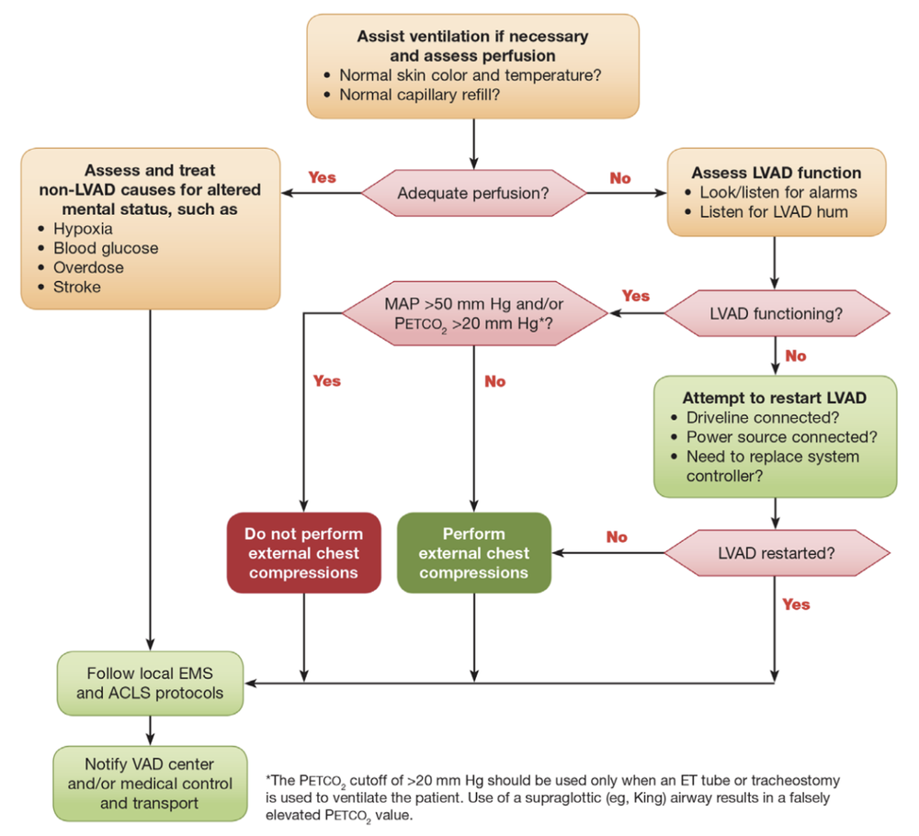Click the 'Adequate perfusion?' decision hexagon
coord(473,193)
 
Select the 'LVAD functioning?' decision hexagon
coord(777,313)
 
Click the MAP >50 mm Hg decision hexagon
coord(473,313)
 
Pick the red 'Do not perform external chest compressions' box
coord(303,552)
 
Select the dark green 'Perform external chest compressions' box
coord(473,552)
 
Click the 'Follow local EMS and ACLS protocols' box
coord(150,683)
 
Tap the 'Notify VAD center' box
coord(150,784)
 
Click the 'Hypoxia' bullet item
coord(83,229)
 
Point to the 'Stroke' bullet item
coord(77,287)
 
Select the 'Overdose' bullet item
coord(88,267)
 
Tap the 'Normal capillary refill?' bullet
coord(419,94)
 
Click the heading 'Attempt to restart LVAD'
coord(774,398)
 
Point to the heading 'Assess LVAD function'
coord(777,173)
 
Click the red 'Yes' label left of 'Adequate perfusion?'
coord(322,176)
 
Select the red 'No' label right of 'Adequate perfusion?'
coord(620,177)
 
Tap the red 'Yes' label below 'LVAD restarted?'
coord(796,604)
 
